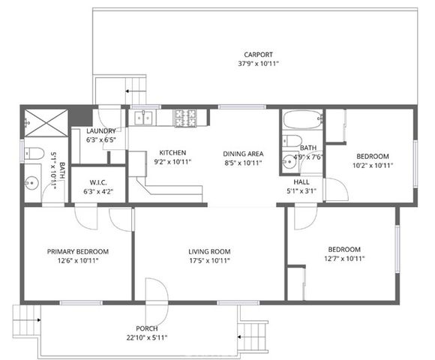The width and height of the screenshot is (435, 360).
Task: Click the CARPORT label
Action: pyautogui.click(x=257, y=54)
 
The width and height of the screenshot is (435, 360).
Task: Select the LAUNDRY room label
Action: pyautogui.click(x=100, y=130)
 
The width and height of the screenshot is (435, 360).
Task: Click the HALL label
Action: pyautogui.click(x=302, y=181)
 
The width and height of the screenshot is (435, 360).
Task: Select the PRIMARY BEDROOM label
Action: pyautogui.click(x=78, y=251)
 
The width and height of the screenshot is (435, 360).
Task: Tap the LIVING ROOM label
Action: pyautogui.click(x=209, y=251)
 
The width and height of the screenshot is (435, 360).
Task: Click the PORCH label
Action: pyautogui.click(x=146, y=328)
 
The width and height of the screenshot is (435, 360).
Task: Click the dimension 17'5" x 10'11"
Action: pyautogui.click(x=209, y=261)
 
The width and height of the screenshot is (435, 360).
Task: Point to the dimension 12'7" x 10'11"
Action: pyautogui.click(x=344, y=259)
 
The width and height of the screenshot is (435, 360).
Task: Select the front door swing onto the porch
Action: pyautogui.click(x=154, y=292)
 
